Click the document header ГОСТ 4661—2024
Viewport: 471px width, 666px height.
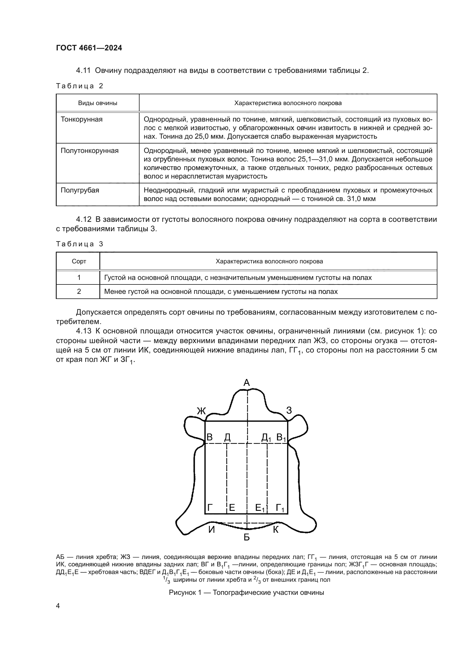click(x=89, y=48)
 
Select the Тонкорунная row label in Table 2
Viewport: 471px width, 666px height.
click(x=81, y=120)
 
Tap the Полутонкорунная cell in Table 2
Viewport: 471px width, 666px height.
click(x=89, y=151)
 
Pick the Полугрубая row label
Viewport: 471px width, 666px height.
click(x=80, y=190)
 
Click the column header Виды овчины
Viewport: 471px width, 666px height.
click(x=97, y=103)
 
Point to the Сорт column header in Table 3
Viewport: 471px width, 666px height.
click(x=79, y=261)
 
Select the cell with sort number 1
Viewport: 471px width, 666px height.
click(x=79, y=278)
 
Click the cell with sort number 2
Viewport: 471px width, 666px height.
click(x=79, y=292)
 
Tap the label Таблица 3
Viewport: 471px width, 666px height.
click(x=79, y=244)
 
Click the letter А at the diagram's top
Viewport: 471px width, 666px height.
click(x=247, y=383)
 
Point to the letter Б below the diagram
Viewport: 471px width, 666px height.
click(x=247, y=538)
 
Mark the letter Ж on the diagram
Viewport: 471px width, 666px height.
click(x=201, y=411)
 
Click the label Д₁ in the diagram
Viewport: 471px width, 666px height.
click(x=266, y=437)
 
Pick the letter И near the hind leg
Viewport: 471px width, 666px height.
click(x=212, y=530)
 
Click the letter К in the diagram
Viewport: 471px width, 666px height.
click(x=276, y=530)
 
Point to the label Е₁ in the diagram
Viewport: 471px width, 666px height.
click(x=260, y=508)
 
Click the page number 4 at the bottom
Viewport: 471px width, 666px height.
click(x=58, y=606)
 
